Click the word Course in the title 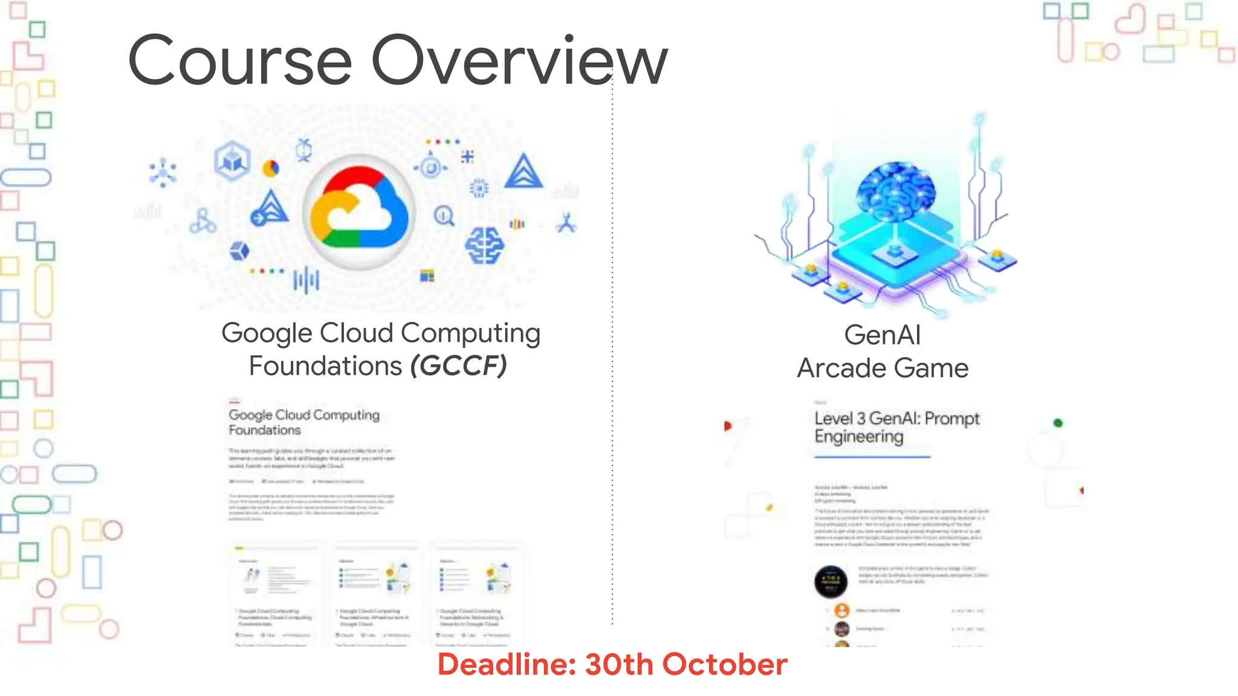point(239,61)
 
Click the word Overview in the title point(519,61)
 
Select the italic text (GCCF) point(459,366)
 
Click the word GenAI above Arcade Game point(883,335)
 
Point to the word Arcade point(840,368)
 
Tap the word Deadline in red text point(507,665)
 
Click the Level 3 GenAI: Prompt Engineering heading point(896,427)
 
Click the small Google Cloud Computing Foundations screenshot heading point(304,422)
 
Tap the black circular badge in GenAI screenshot point(831,582)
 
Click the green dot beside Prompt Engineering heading point(1058,423)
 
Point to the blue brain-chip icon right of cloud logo point(484,245)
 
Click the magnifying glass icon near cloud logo point(444,215)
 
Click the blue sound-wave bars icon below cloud point(306,280)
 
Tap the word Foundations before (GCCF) point(325,366)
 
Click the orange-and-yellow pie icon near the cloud point(271,168)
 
